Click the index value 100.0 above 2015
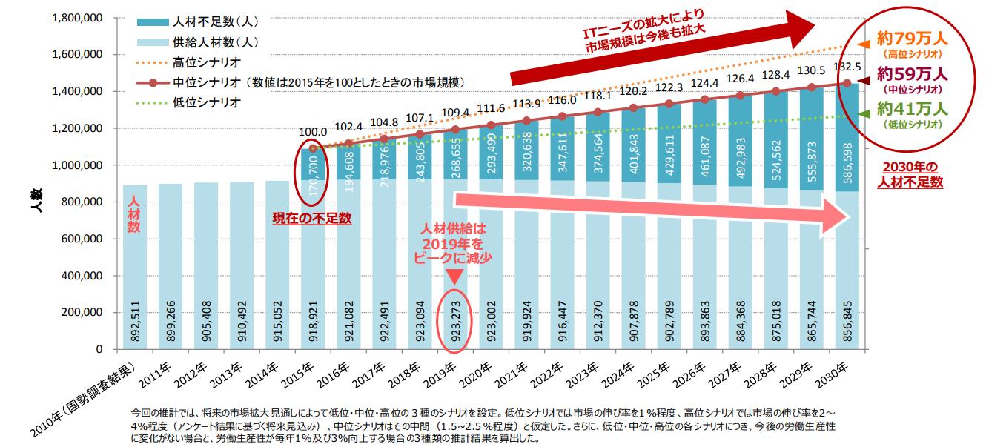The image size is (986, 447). click(311, 133)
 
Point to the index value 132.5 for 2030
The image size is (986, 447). click(848, 66)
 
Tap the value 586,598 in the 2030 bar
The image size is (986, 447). click(848, 163)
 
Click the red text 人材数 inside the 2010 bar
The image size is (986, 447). click(134, 214)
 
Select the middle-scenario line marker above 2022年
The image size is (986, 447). click(563, 116)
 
